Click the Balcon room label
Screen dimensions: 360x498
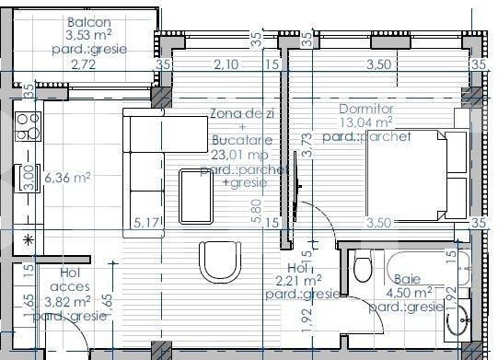click(89, 22)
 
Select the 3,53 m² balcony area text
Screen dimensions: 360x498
click(89, 36)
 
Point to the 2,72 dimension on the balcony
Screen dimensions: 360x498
click(83, 64)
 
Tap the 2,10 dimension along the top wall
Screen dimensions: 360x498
click(226, 64)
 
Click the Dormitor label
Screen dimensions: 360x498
click(365, 108)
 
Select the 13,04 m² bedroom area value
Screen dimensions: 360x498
click(365, 121)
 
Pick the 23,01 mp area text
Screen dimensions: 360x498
click(241, 157)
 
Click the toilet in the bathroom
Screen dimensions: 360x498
click(362, 269)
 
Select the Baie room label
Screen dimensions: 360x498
click(409, 279)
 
